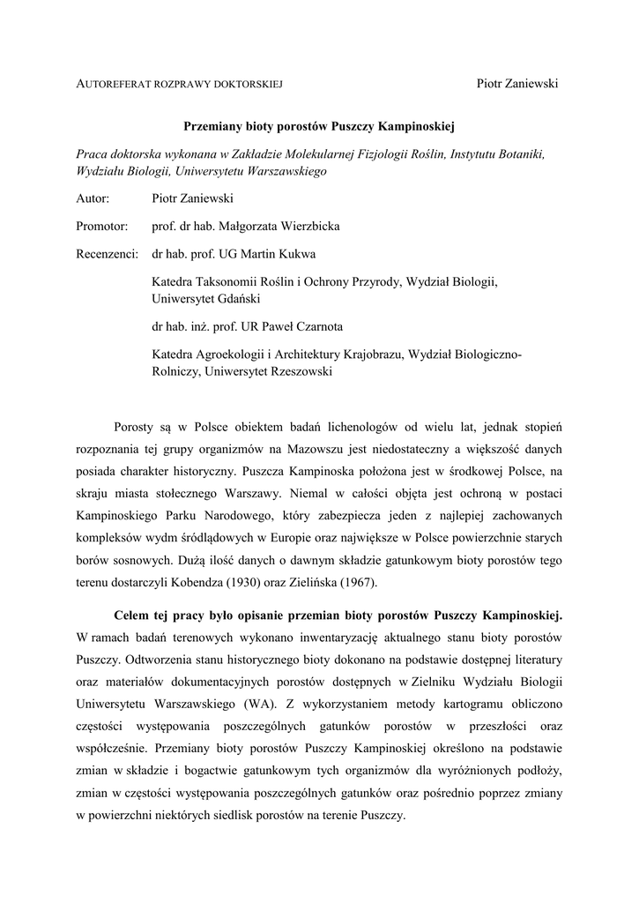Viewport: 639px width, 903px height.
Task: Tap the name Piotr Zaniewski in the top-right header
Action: [518, 83]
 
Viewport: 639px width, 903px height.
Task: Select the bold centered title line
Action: [318, 127]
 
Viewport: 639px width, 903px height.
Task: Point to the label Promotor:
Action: [102, 227]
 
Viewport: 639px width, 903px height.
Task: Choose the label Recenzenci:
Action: [108, 254]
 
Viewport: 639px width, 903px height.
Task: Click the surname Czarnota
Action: [310, 326]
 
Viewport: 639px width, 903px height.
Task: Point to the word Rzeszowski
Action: [292, 372]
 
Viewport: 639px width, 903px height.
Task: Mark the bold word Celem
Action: [133, 614]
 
